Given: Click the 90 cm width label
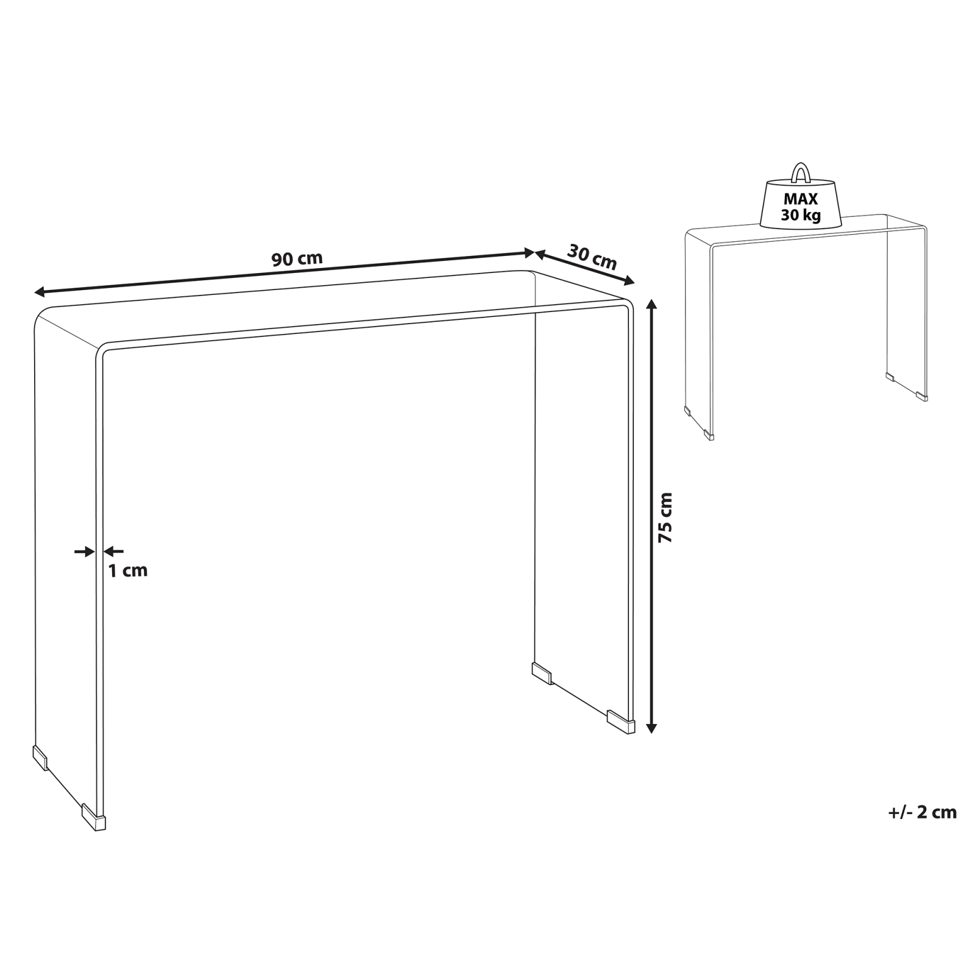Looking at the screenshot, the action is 297,258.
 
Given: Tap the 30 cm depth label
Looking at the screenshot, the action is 592,257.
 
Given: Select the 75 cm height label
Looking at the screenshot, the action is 665,518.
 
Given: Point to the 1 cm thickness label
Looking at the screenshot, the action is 128,571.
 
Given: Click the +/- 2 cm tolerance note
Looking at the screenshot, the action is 922,812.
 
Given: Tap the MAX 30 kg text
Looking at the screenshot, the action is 801,207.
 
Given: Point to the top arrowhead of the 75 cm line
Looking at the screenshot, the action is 652,304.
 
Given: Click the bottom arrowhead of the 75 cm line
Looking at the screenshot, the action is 652,726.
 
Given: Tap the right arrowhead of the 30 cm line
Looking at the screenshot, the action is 629,281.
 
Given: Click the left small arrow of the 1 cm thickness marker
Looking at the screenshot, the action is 85,551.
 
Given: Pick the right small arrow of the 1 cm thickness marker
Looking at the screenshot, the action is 113,551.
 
